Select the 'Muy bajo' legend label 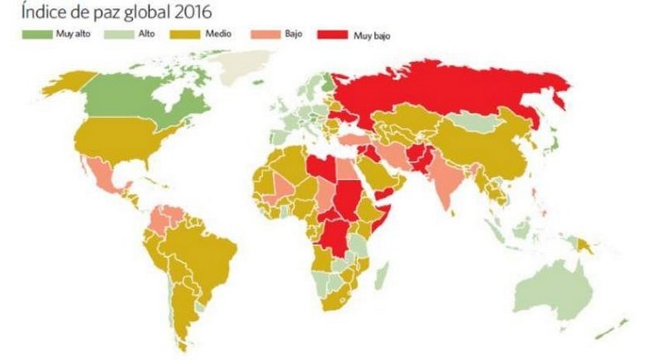371,35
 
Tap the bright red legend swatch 337,35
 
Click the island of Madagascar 381,273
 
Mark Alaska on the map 62,84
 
